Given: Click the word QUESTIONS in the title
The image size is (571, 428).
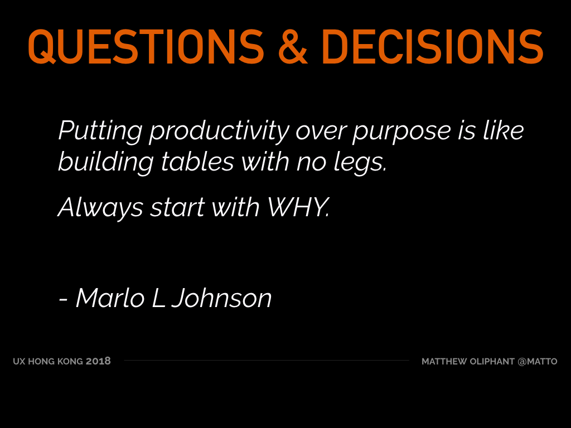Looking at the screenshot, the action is click(146, 47).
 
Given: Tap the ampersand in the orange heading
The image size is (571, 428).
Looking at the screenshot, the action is click(293, 47).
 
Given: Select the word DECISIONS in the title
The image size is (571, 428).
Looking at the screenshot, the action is click(433, 47).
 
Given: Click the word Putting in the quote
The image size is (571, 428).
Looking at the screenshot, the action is click(100, 132).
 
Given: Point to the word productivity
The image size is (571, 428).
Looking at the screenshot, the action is click(219, 132).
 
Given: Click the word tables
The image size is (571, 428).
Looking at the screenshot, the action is click(197, 162).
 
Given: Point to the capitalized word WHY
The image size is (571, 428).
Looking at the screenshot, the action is click(299, 207).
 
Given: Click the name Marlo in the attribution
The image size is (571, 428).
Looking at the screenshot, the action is click(110, 299).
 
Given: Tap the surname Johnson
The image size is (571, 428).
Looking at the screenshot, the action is click(221, 299).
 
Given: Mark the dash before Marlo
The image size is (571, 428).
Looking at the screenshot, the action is click(63, 300).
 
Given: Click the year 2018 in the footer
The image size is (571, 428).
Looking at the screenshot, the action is click(98, 361).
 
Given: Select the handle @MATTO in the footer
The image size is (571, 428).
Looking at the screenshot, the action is click(537, 361).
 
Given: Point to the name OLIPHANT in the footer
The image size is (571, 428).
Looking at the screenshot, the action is click(492, 361).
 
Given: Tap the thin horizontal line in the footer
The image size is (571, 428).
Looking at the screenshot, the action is click(267, 361).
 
